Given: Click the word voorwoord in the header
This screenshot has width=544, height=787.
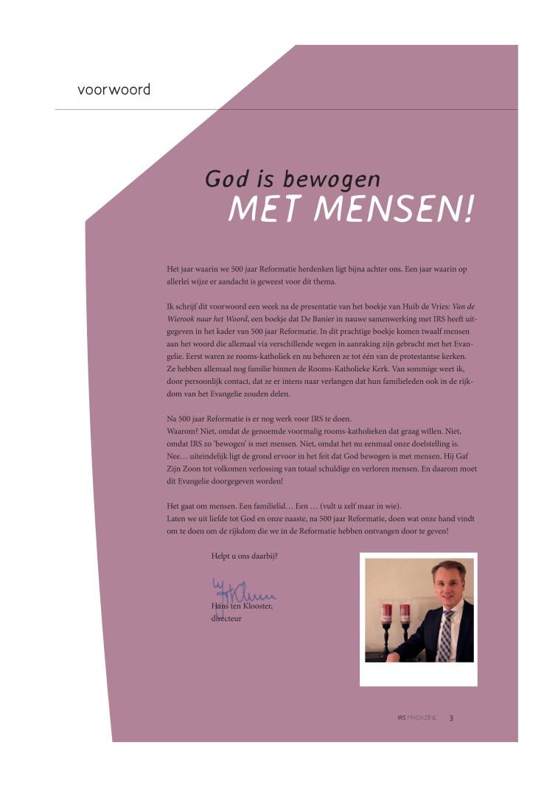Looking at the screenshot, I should click(x=114, y=90).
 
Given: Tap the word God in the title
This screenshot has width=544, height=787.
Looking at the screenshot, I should click(x=224, y=179).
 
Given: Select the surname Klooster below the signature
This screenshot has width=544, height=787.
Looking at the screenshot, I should click(x=254, y=606).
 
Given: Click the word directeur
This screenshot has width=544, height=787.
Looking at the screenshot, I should click(x=226, y=618).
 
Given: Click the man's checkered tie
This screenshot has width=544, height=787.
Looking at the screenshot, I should click(x=444, y=634).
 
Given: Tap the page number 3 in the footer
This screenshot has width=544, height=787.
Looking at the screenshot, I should click(x=451, y=717).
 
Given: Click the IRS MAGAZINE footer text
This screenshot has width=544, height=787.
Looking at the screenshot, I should click(x=416, y=717).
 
